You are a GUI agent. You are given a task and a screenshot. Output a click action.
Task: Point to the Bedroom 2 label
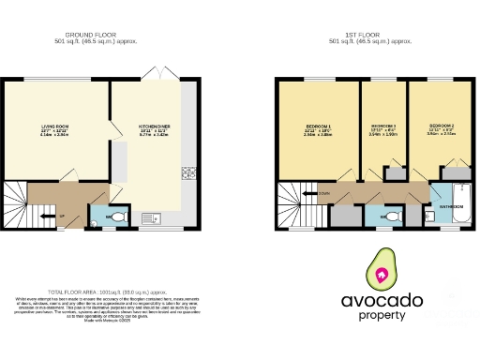click(x=441, y=127)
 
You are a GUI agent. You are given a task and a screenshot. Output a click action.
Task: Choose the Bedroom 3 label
click(x=384, y=127)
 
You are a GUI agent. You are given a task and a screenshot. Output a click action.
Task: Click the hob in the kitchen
click(x=188, y=172)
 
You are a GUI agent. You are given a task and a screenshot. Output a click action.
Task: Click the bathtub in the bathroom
click(x=452, y=221)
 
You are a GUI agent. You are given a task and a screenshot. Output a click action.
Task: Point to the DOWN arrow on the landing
click(x=322, y=194)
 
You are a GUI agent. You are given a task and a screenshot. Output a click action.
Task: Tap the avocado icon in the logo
click(x=382, y=273)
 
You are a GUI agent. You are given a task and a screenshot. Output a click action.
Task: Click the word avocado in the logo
click(x=382, y=303)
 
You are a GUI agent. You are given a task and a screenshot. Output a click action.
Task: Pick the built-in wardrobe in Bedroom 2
click(x=457, y=172)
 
